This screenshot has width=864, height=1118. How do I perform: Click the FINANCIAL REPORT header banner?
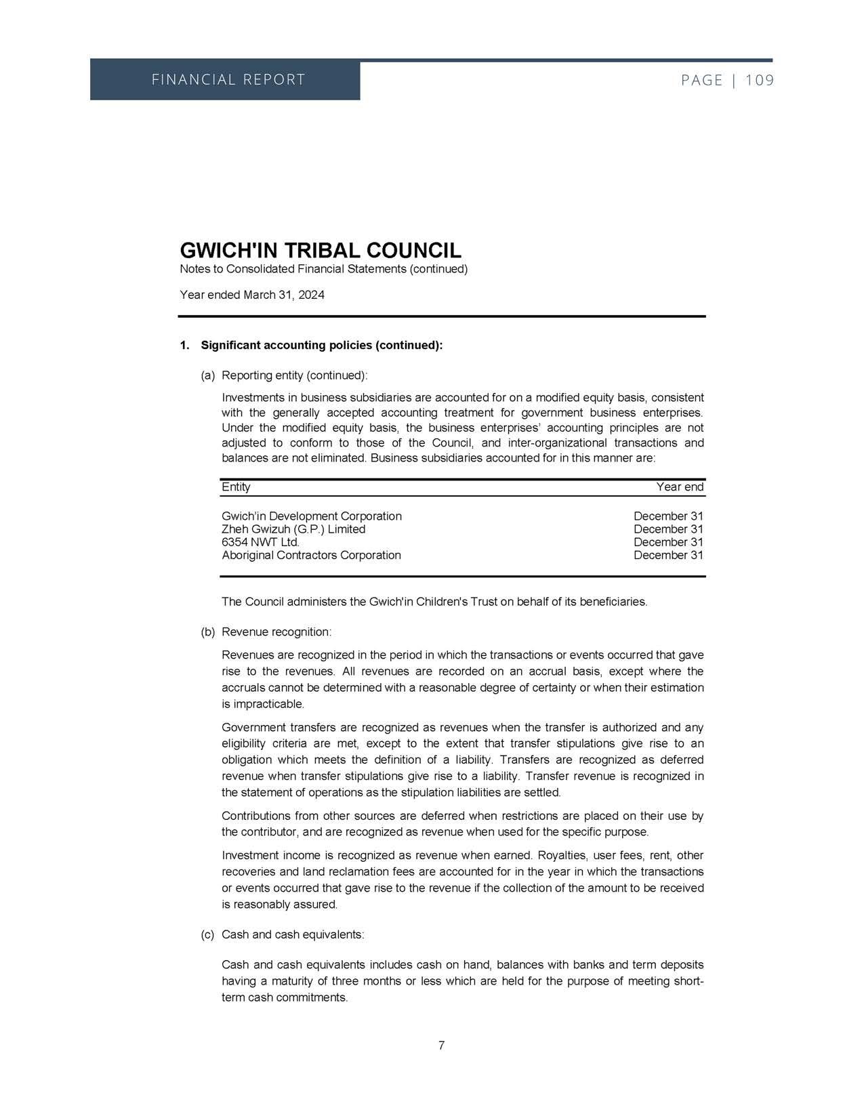click(228, 80)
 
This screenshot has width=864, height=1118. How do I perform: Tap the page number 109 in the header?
click(759, 81)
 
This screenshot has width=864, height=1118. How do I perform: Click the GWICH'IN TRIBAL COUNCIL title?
click(321, 250)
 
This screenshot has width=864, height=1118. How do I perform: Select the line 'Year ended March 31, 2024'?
click(252, 295)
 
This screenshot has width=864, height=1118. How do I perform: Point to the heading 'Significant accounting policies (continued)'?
click(322, 346)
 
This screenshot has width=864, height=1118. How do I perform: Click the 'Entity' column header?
click(236, 487)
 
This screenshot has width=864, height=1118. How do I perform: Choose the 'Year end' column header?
click(680, 487)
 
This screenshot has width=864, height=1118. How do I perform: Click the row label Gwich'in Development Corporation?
click(312, 516)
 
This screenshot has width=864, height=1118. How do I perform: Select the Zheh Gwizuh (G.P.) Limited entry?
click(293, 529)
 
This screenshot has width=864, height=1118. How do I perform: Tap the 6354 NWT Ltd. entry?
click(261, 542)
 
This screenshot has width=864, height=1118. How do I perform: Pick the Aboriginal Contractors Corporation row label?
click(311, 555)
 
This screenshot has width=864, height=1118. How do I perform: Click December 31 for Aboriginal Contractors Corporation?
click(668, 555)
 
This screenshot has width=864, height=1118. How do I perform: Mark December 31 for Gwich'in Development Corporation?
click(668, 516)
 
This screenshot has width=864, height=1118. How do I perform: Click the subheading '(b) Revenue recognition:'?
click(266, 632)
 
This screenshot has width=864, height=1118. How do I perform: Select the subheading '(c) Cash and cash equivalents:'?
click(283, 935)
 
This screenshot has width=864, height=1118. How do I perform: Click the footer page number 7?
click(441, 1045)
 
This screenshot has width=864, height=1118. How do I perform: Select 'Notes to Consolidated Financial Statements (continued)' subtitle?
click(324, 269)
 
